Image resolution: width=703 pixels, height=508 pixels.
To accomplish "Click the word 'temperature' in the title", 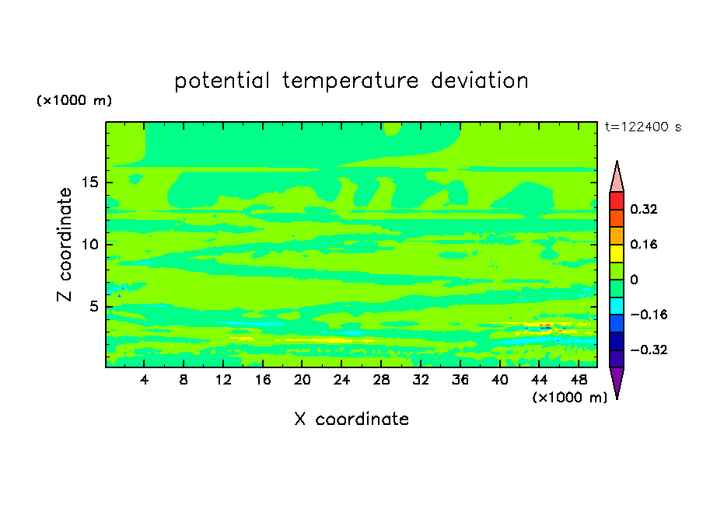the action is click(351, 81).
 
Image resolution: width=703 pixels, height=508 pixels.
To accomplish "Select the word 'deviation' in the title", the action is click(480, 81).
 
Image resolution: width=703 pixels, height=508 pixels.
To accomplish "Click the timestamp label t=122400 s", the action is click(643, 127).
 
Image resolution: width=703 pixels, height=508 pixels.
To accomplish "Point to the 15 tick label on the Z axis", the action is click(90, 183).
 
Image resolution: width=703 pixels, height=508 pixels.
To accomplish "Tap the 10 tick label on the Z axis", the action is click(90, 244).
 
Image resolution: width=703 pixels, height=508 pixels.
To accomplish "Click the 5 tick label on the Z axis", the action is click(93, 306).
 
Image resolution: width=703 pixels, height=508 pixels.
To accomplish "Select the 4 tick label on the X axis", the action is click(144, 380).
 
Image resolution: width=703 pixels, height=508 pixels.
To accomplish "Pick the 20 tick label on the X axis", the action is click(302, 380).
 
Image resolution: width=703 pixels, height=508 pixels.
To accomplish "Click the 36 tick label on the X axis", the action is click(460, 380).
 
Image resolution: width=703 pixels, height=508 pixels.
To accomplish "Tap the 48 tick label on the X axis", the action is click(579, 380).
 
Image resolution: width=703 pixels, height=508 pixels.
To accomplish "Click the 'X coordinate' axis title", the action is click(351, 419).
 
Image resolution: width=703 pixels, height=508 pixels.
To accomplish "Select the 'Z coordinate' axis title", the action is click(65, 244).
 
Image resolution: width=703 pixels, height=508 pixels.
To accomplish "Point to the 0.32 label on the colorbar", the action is click(643, 209).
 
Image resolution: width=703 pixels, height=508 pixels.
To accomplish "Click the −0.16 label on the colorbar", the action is click(649, 315).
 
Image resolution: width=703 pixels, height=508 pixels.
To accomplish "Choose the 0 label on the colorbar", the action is click(634, 280).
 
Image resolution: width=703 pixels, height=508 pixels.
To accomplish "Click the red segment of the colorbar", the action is click(617, 200).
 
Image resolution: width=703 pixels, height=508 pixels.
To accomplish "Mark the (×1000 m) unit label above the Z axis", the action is click(74, 100).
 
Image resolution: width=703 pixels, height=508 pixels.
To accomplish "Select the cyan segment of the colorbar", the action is click(617, 306).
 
